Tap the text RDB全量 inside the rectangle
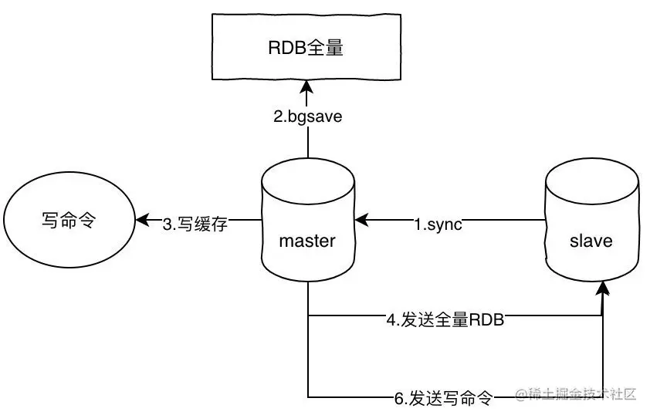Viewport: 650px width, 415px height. click(x=306, y=48)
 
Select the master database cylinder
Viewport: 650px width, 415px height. click(x=307, y=224)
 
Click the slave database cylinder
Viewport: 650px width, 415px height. click(x=591, y=224)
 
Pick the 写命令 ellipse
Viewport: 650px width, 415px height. click(x=68, y=221)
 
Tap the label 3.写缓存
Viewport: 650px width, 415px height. click(x=195, y=224)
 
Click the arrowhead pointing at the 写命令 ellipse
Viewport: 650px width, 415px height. click(x=142, y=221)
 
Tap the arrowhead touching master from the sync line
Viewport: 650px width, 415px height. click(x=361, y=221)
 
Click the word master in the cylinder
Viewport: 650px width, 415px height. click(x=307, y=241)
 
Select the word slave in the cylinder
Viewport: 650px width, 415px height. click(x=591, y=241)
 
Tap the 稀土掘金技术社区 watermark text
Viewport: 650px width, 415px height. click(x=577, y=394)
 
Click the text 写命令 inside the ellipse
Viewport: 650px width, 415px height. click(x=68, y=221)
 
